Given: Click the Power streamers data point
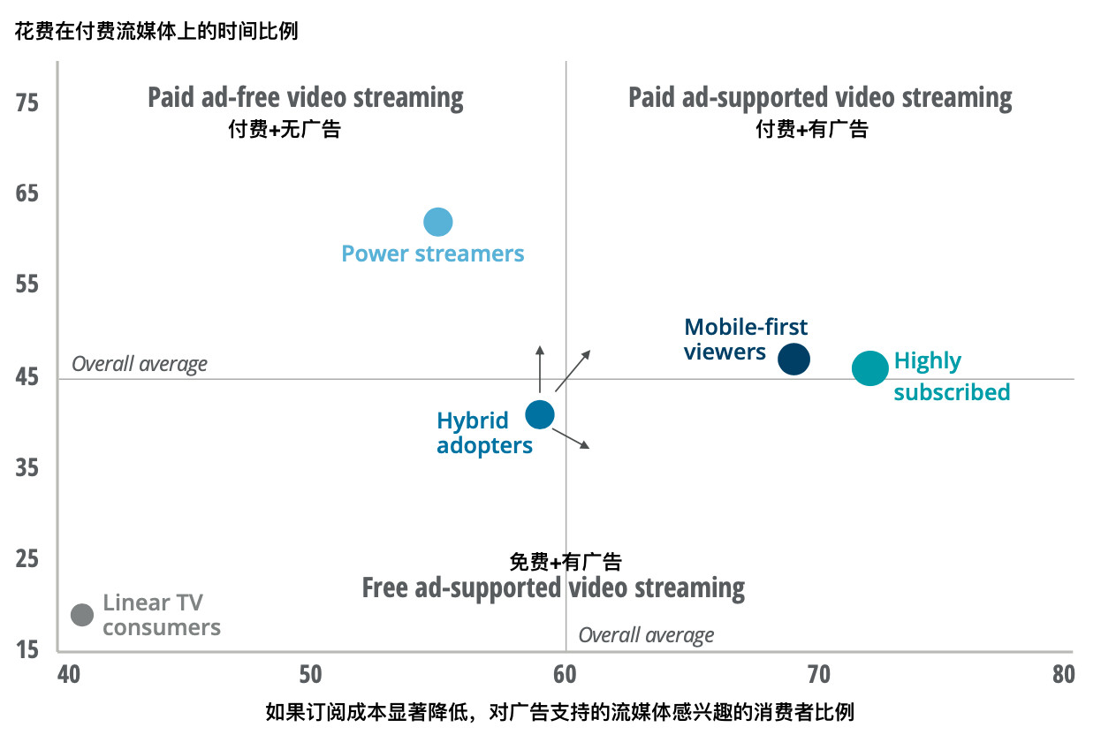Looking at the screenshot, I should [x=437, y=222].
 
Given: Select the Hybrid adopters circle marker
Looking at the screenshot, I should [x=539, y=414].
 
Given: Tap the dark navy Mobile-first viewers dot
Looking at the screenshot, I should [x=793, y=360].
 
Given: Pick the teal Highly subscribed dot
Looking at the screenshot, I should [x=869, y=369].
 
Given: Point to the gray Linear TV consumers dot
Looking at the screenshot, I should [x=81, y=615].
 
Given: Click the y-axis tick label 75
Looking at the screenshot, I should [x=27, y=103].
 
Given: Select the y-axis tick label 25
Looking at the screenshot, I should [x=27, y=559].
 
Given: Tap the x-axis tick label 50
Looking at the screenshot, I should [x=310, y=674].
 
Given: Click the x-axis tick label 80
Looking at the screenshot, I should [x=1064, y=674].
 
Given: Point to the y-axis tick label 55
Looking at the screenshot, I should [x=27, y=285].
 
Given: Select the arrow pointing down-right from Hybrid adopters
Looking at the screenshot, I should [x=571, y=438].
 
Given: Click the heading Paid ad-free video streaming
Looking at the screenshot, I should [x=305, y=97].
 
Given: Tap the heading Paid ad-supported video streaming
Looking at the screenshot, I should [x=820, y=97].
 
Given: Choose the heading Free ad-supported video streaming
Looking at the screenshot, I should [x=553, y=587].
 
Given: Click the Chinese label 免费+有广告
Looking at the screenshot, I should [x=566, y=561].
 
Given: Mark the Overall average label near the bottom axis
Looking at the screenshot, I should [x=646, y=635].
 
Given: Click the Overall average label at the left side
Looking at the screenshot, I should [x=140, y=364].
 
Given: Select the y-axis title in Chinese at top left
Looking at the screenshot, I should [x=156, y=32].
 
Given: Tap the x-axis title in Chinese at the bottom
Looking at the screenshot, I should [x=560, y=712].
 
